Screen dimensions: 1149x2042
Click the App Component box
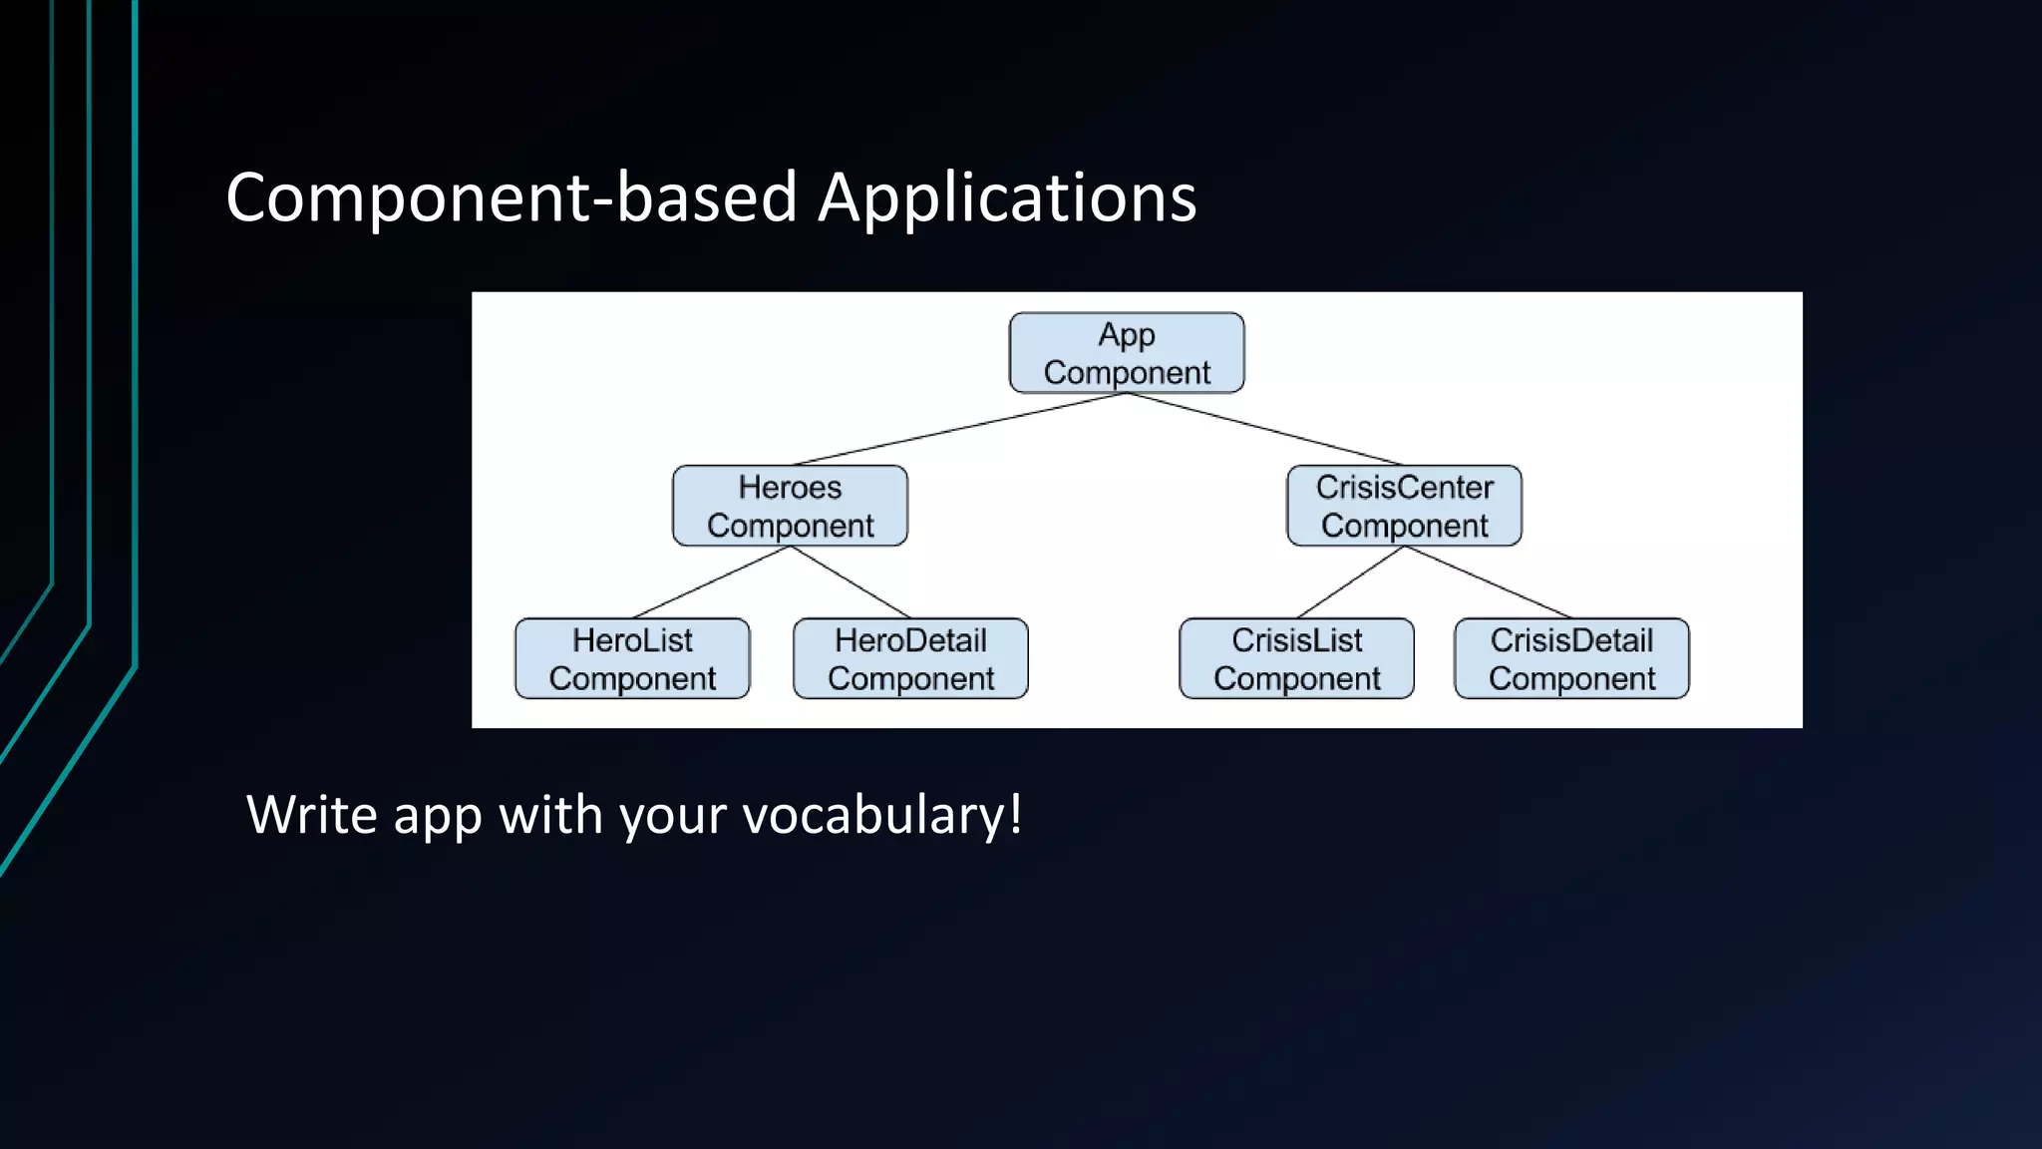[1127, 353]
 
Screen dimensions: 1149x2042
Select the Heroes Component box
[790, 506]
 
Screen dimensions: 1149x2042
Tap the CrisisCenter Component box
[1404, 506]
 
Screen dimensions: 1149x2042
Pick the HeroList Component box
[632, 658]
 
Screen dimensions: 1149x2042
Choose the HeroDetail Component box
[910, 658]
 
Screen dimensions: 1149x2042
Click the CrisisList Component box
[1296, 658]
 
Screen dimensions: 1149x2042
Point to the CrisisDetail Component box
[1571, 658]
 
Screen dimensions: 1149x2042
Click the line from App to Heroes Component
[959, 429]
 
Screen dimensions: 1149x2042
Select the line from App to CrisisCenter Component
[1265, 429]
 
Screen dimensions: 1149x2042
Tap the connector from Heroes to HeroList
[711, 582]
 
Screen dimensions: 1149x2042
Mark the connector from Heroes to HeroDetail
[850, 582]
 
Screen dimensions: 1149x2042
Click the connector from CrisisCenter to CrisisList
[1350, 582]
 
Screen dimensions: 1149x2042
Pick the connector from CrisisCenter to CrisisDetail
[1488, 582]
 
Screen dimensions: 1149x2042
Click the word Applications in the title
[1007, 197]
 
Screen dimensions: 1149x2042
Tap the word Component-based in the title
[510, 197]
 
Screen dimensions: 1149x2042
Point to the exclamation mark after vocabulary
[1015, 813]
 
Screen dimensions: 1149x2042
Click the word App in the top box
[1127, 335]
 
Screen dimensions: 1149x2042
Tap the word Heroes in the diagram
[790, 488]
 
